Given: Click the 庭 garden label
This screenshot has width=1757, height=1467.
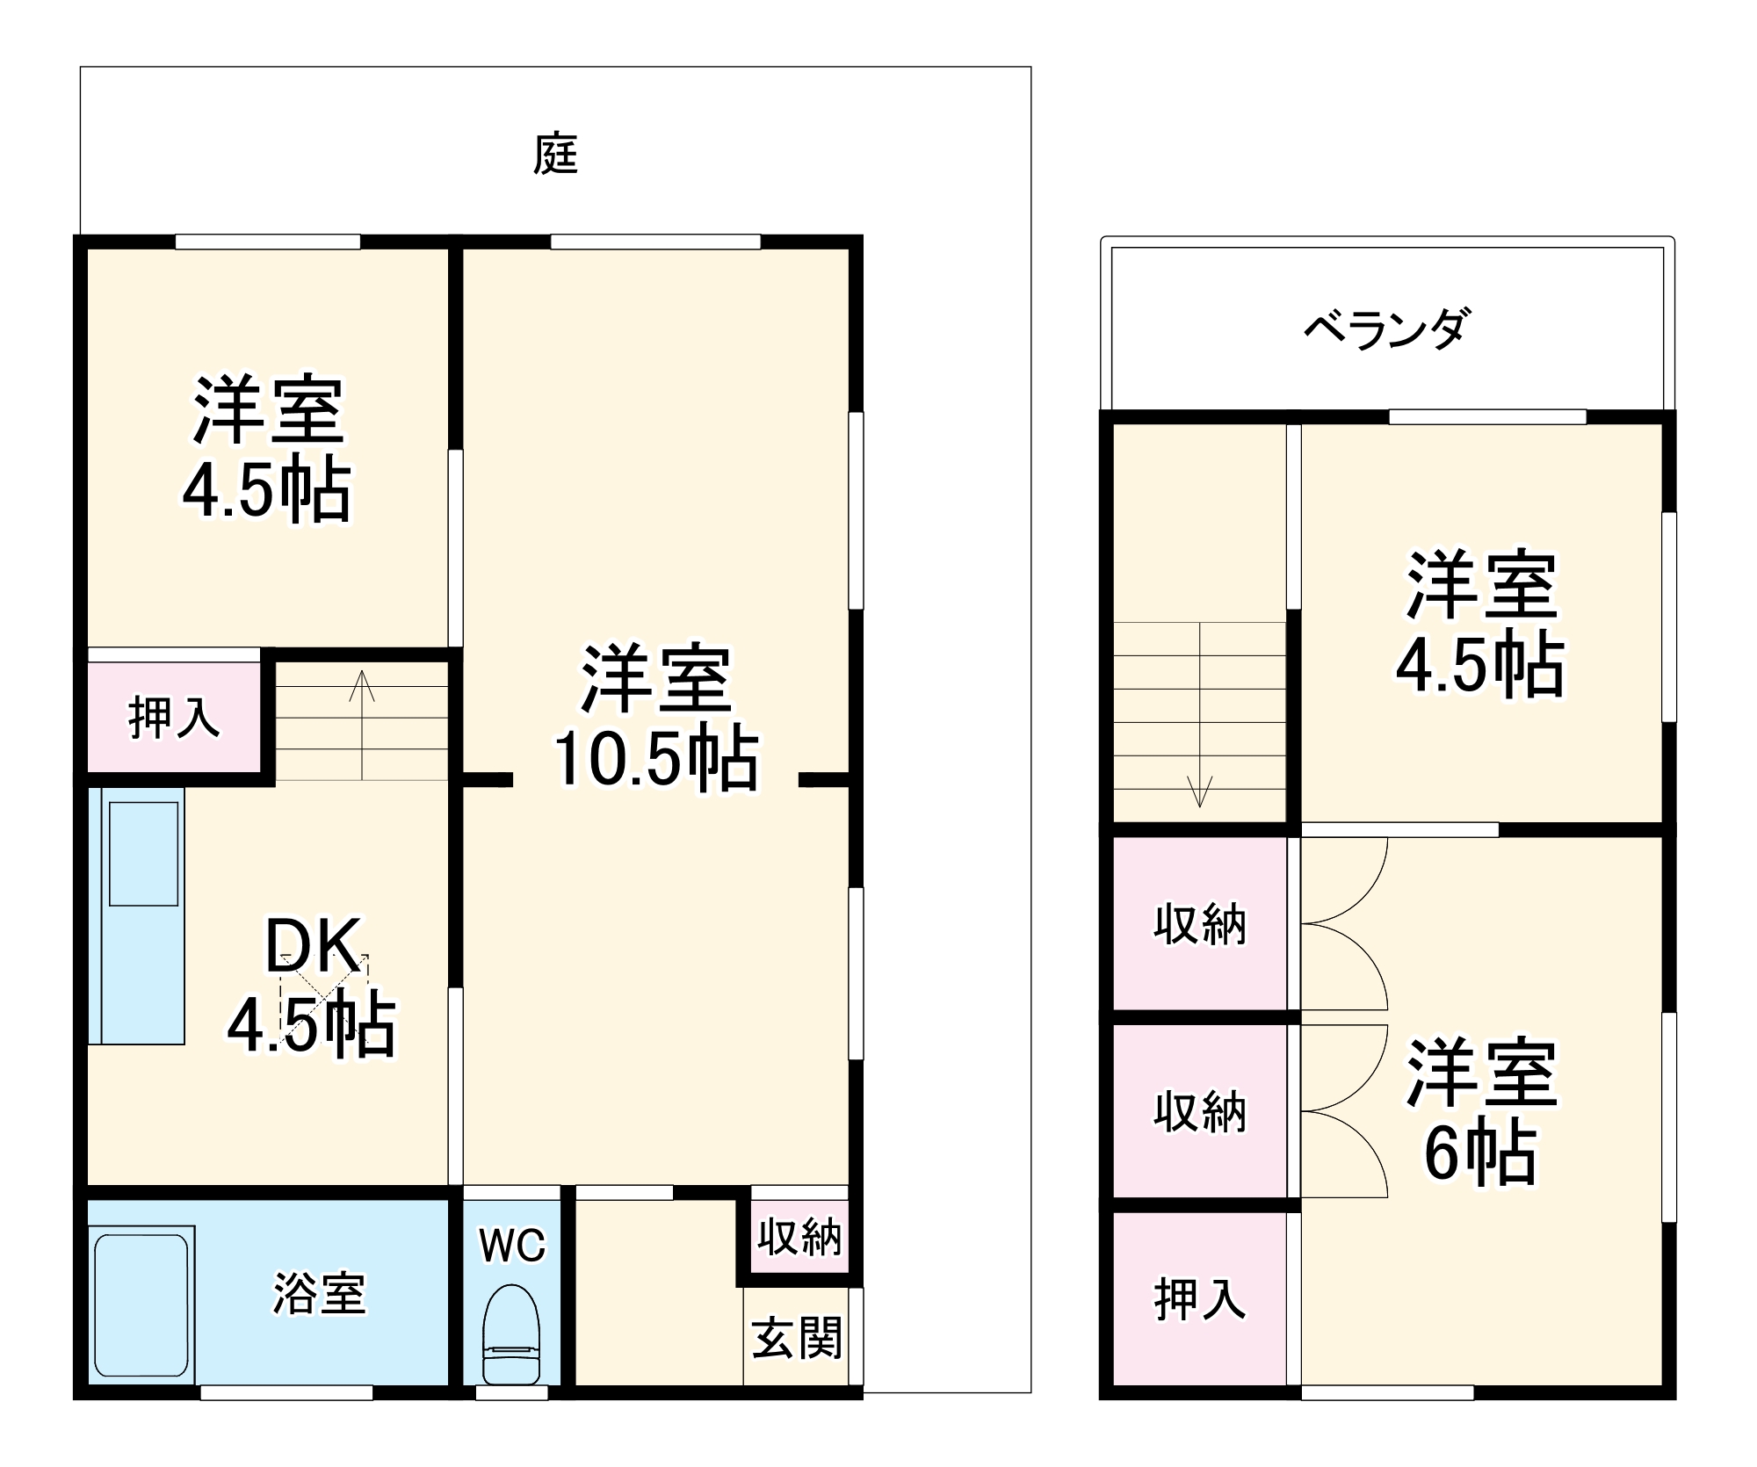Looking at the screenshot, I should [555, 155].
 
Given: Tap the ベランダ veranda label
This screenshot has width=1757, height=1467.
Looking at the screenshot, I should [1385, 329].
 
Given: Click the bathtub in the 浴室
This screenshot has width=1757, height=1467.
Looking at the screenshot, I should [141, 1305].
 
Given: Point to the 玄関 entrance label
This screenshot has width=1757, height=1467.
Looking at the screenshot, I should [797, 1338].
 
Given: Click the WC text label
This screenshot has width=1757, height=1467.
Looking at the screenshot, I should [512, 1246].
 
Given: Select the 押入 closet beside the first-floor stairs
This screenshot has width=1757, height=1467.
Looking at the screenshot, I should [174, 718].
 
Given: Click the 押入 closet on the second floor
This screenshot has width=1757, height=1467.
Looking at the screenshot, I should [1199, 1300].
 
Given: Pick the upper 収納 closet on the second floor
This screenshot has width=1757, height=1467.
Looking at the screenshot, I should [1199, 924].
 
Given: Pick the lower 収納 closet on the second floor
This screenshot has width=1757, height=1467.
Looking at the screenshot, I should [1199, 1112].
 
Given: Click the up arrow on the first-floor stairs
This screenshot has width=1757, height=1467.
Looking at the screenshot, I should [362, 687].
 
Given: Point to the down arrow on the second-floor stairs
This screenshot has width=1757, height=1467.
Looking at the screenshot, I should [1199, 791].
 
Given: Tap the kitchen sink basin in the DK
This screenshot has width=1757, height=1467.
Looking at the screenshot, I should [143, 852].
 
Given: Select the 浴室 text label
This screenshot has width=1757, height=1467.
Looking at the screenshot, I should [319, 1294].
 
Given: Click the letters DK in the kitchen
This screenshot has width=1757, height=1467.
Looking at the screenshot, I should [313, 945].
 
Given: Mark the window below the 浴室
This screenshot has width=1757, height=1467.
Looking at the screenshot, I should [286, 1392].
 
